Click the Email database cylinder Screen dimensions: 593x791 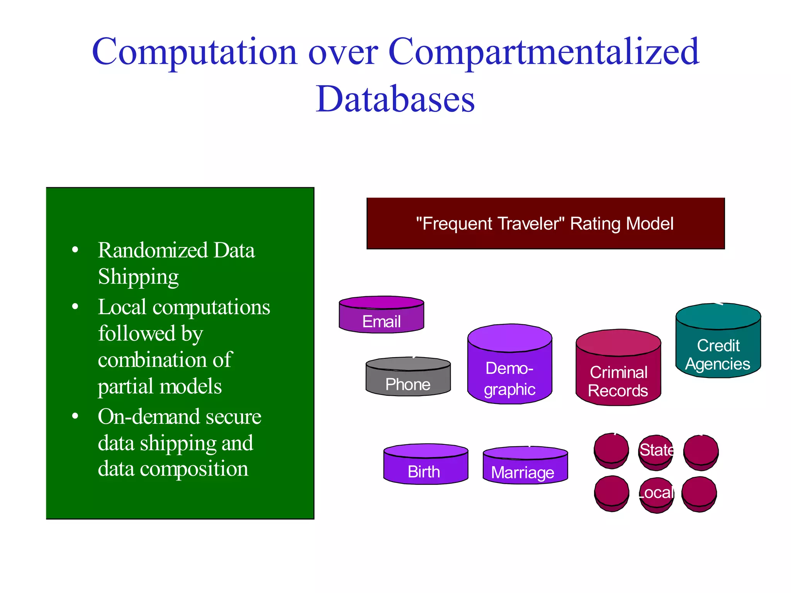(x=381, y=315)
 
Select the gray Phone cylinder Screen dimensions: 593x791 (x=408, y=377)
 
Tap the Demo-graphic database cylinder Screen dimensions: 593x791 (x=509, y=365)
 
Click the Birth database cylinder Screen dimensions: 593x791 (x=426, y=464)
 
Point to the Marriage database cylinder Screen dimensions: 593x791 (x=525, y=466)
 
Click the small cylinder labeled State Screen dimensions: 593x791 (x=656, y=452)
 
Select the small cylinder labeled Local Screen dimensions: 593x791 (x=656, y=495)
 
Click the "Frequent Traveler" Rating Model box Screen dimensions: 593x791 (x=545, y=224)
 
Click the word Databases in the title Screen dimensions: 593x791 (x=395, y=99)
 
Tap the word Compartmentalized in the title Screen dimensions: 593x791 (x=543, y=52)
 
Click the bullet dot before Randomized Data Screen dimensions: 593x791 (x=75, y=250)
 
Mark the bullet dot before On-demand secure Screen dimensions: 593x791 (x=75, y=416)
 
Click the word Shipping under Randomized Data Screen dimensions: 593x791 (x=138, y=277)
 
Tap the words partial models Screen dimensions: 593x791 (x=160, y=386)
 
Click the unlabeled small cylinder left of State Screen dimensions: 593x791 (x=611, y=451)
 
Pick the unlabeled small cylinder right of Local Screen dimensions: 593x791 (x=699, y=494)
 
